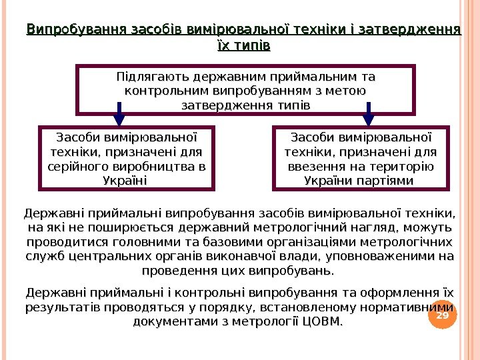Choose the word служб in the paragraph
coord(44,257)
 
